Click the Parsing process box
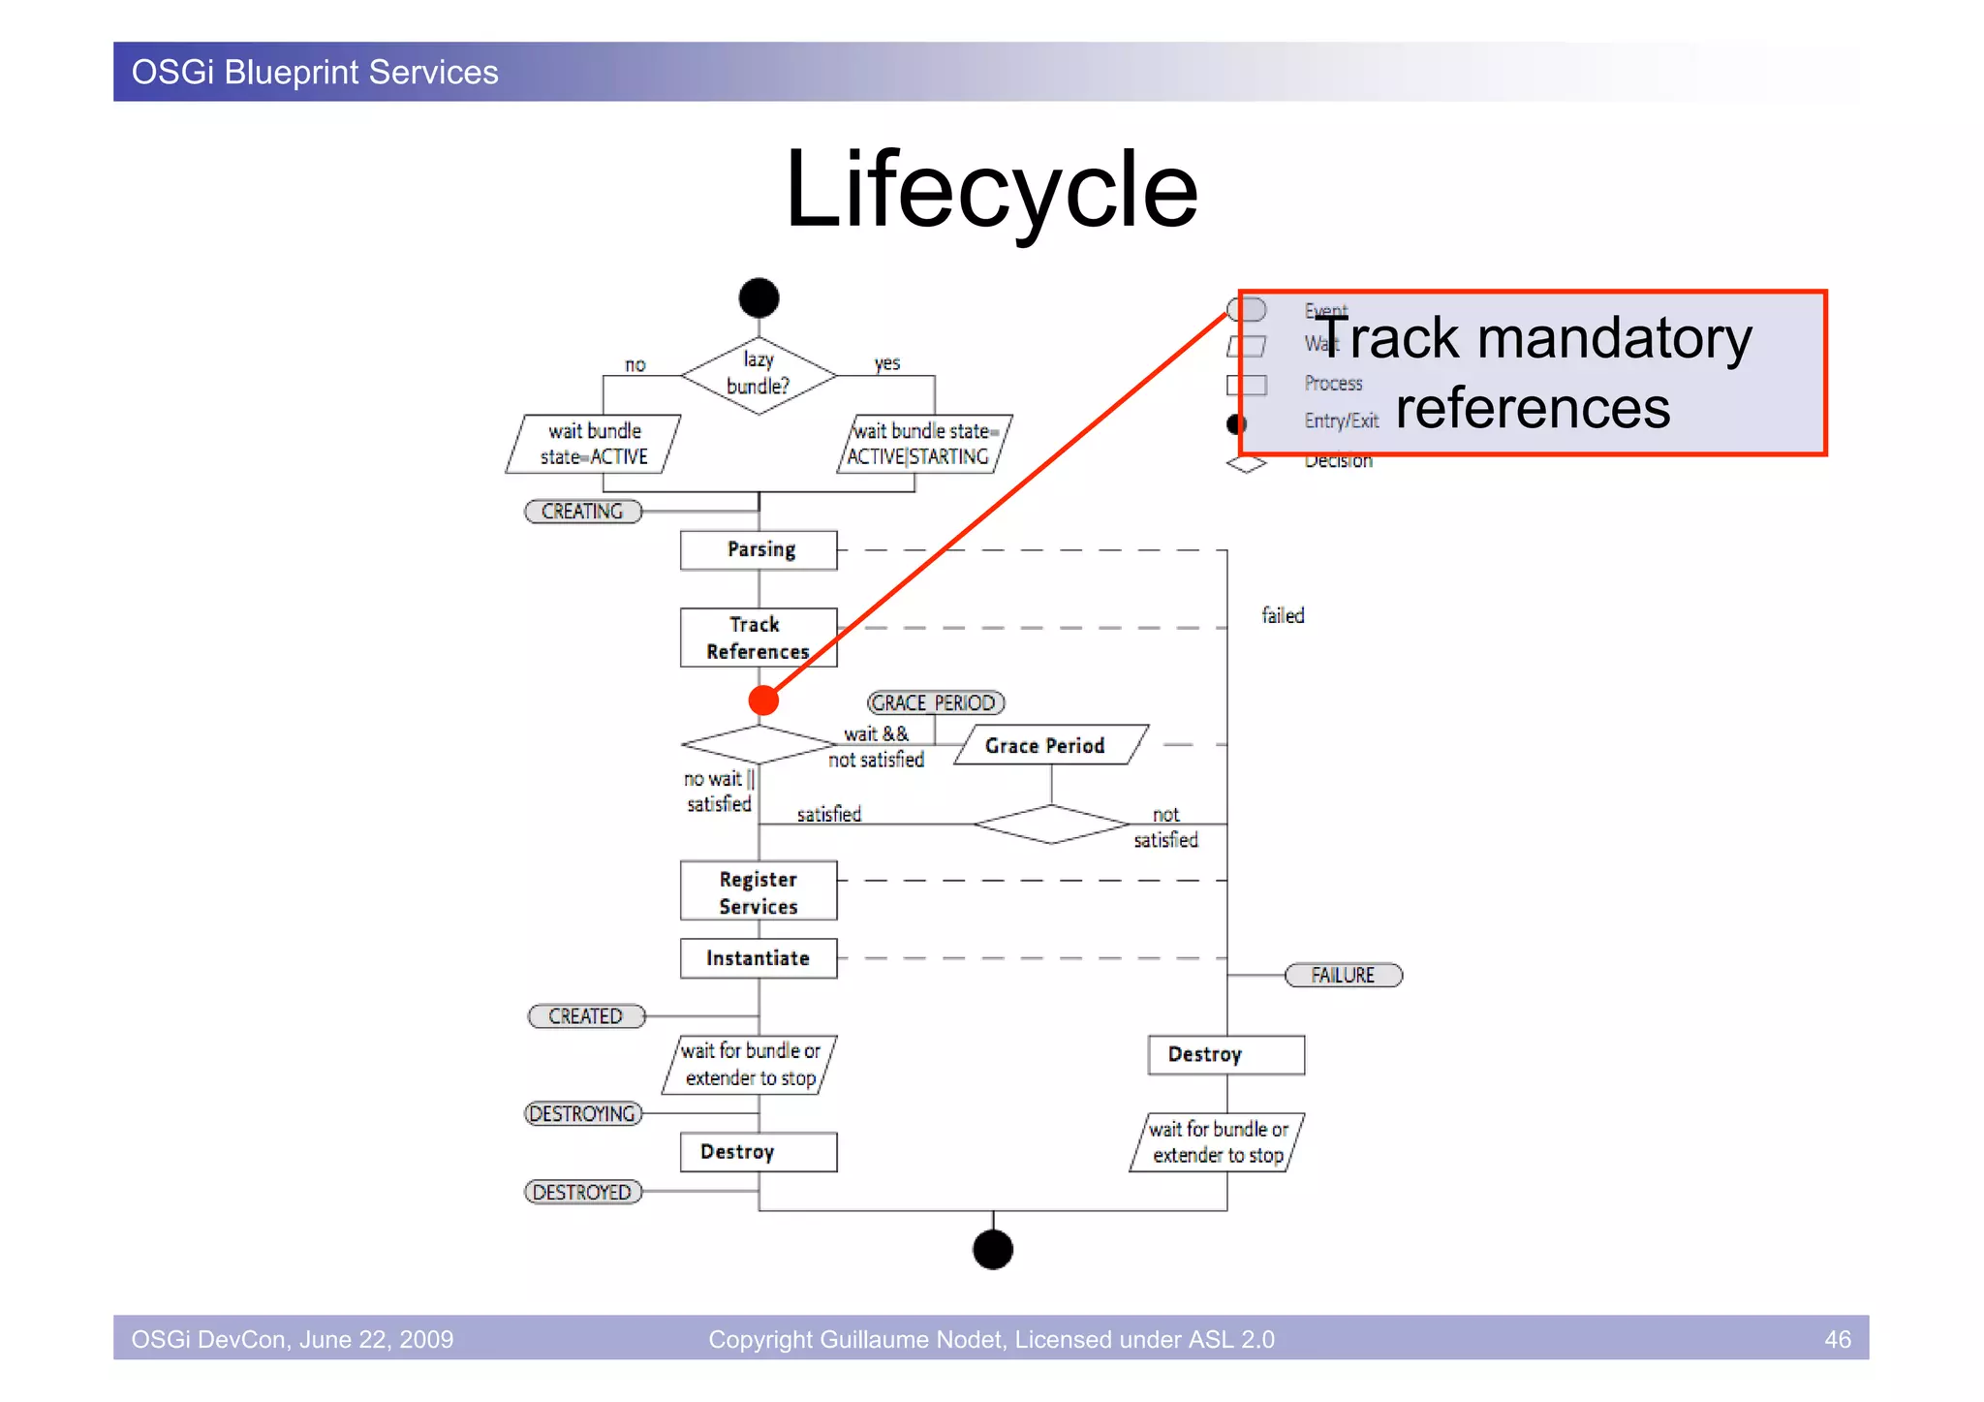pos(759,549)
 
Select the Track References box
pos(759,638)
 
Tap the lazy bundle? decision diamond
pos(759,374)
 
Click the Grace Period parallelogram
pos(1050,745)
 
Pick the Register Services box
pos(759,891)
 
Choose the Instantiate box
pos(759,958)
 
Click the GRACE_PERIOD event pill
pos(935,702)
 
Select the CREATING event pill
pos(582,512)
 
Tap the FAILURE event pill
pos(1343,975)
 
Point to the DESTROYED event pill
pos(582,1192)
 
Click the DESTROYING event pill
pos(582,1113)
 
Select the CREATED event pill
pos(585,1015)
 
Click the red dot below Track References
pos(763,700)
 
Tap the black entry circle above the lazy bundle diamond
pos(759,297)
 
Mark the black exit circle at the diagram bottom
pos(992,1249)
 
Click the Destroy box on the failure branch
pos(1225,1054)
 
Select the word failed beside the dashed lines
pos(1283,615)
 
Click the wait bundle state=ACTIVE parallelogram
pos(593,444)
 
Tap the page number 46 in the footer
pos(1837,1339)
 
